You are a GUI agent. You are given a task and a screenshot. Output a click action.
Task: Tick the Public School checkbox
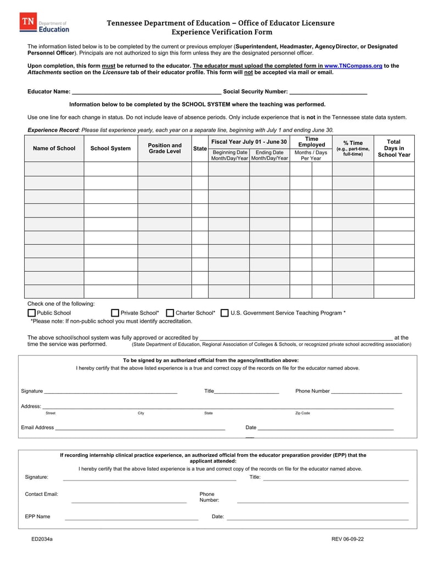(31, 313)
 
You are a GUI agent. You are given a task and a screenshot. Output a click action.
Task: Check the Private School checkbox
(115, 313)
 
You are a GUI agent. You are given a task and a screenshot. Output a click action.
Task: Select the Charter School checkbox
(170, 313)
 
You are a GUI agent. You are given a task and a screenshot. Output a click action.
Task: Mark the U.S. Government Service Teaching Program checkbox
(224, 313)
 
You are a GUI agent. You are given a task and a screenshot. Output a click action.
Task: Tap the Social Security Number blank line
(328, 91)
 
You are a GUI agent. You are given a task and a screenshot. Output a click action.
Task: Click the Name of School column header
(54, 148)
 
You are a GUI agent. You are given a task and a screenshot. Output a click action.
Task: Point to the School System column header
(110, 148)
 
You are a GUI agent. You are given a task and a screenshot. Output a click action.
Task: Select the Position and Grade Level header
(165, 148)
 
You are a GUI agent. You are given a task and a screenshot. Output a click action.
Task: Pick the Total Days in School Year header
(394, 148)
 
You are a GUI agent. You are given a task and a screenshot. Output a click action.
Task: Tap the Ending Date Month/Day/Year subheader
(269, 155)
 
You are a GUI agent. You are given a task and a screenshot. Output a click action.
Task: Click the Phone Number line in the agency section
(367, 391)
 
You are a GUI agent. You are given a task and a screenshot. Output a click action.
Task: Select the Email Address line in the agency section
(140, 427)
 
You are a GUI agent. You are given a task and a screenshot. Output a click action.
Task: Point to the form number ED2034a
(42, 539)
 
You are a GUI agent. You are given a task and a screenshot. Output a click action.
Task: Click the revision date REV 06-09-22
(347, 539)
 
